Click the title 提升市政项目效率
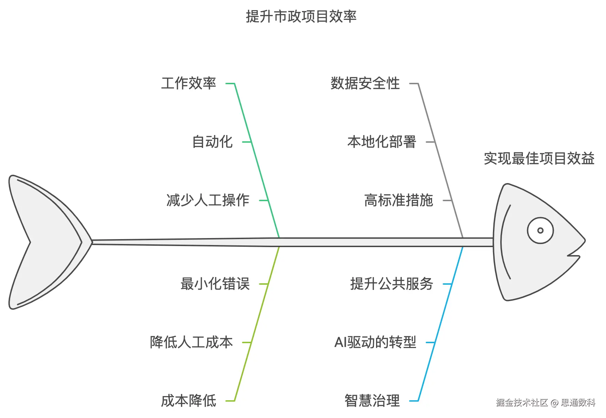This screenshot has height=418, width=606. pos(301,16)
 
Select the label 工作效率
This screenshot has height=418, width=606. pos(189,84)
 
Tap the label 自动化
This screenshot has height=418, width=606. pos(212,142)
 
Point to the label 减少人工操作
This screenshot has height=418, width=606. pos(208,200)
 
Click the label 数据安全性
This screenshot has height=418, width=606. pos(365,84)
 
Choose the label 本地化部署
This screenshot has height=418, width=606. pos(382,142)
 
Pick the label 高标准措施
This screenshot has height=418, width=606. pos(398,200)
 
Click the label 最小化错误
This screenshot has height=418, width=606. pos(215,284)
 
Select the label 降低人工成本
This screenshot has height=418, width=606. pos(191,342)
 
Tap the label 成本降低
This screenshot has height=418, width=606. pos(189,401)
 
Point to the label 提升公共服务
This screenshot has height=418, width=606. pos(391,284)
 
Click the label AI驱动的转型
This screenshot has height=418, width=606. pos(375,342)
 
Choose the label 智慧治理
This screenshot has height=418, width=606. pos(372,401)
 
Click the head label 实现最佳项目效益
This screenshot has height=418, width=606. pos(539,159)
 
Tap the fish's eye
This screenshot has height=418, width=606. pos(540,230)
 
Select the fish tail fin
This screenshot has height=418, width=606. pos(45,242)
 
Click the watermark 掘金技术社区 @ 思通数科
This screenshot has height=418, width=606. pos(545,403)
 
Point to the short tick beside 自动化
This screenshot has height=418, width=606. pos(246,142)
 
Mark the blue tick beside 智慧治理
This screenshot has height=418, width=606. pos(414,401)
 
